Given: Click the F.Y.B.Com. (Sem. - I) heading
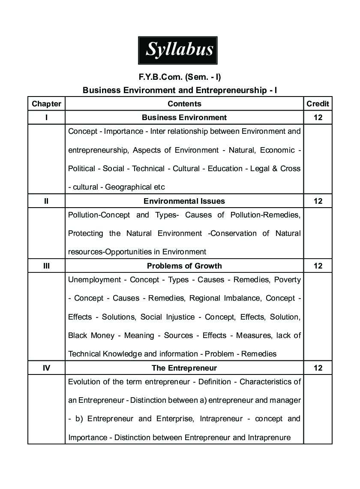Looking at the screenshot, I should [180, 77].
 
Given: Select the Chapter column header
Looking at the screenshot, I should [46, 103].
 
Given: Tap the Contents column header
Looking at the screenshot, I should [184, 103].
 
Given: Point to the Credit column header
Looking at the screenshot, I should [318, 103].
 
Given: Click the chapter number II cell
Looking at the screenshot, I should [46, 201].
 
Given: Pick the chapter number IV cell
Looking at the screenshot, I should [46, 368].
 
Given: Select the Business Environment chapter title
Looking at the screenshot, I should [184, 117].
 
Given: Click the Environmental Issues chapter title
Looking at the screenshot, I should [184, 201].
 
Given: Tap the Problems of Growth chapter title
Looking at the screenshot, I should [184, 266].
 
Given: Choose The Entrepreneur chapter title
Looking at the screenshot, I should [184, 368].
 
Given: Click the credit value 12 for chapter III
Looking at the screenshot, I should [318, 266].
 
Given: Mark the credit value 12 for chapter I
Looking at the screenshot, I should [318, 117].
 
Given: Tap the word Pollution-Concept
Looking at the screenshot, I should [99, 214].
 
